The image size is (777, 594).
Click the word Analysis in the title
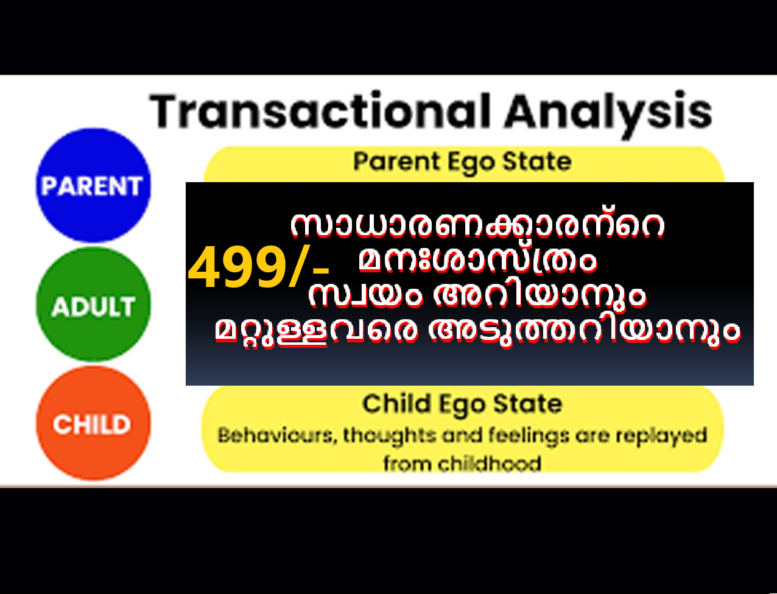pos(608,114)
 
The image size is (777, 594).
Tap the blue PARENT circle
pos(93,185)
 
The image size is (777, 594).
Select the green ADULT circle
pos(93,305)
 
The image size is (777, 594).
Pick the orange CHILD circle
pos(93,423)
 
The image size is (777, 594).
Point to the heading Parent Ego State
pos(462,162)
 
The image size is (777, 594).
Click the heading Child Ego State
pos(462,404)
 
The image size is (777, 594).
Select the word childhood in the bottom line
pos(490,464)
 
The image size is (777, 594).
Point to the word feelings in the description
pos(529,436)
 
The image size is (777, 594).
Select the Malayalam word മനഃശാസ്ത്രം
pos(477,261)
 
